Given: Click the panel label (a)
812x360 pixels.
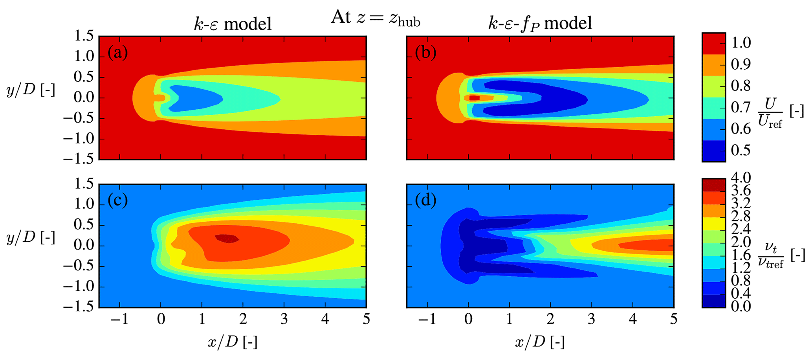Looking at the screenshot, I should pos(117,53).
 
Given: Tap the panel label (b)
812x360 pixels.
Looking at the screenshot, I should pos(425,53).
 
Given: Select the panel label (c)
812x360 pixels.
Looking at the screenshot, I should pos(117,200).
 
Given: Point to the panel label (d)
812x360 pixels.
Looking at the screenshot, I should pos(425,200).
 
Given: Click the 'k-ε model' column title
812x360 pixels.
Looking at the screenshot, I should pos(233,24).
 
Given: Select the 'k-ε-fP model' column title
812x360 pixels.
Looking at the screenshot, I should pos(540,24).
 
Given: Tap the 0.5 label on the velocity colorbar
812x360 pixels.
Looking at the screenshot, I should pos(741,151).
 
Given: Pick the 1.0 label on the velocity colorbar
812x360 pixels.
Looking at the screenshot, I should pos(741,43).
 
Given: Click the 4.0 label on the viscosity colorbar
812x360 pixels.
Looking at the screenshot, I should pos(741,178).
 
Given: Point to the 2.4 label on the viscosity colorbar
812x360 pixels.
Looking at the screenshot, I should pos(741,229).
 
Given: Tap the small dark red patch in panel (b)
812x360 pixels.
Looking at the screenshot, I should pos(475,98).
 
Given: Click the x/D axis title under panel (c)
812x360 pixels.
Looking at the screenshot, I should pos(233,342).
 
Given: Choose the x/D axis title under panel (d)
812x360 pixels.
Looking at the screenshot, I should pos(540,342).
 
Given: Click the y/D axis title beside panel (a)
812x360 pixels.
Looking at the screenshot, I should pos(31,90).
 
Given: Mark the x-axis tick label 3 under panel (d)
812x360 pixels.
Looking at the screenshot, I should pos(591,319).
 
